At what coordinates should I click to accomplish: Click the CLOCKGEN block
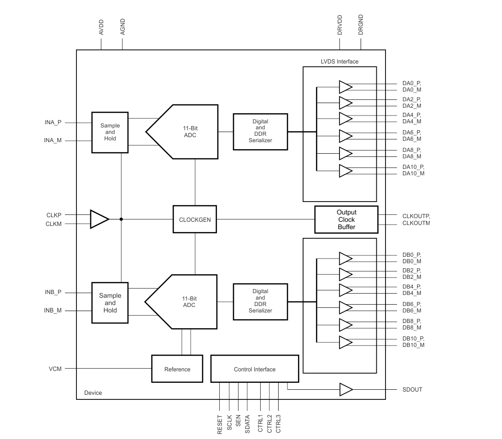click(195, 219)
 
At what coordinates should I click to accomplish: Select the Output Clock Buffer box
click(346, 219)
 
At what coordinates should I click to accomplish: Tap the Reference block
click(177, 369)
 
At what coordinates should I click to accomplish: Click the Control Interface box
click(255, 369)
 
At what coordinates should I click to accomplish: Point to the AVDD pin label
click(101, 27)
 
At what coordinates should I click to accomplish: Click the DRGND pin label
click(361, 25)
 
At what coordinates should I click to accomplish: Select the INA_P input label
click(53, 122)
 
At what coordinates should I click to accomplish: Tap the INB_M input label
click(53, 310)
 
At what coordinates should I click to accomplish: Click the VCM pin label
click(55, 369)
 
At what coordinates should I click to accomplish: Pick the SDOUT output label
click(412, 389)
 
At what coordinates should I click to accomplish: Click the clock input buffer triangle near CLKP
click(99, 219)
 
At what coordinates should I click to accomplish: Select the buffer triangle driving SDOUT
click(346, 389)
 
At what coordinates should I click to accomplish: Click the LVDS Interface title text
click(340, 62)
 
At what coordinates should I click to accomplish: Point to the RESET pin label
click(220, 425)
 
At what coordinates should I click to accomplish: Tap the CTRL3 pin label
click(278, 424)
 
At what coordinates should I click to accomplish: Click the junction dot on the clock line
click(121, 219)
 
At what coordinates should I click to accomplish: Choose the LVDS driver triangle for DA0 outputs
click(346, 87)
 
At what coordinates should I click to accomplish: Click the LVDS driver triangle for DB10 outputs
click(346, 342)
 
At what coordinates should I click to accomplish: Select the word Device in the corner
click(93, 393)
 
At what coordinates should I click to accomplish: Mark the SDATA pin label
click(247, 424)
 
